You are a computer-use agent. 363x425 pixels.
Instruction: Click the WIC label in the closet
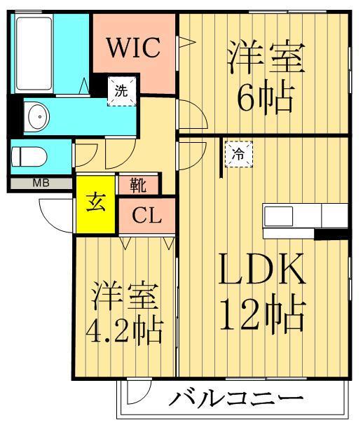coord(134,48)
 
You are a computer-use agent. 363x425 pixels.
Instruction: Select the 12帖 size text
coord(264,316)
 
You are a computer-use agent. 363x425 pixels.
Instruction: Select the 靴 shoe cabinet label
coord(138,186)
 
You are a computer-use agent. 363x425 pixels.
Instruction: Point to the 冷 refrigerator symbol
coord(238,155)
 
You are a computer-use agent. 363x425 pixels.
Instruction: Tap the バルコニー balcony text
coord(236,402)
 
